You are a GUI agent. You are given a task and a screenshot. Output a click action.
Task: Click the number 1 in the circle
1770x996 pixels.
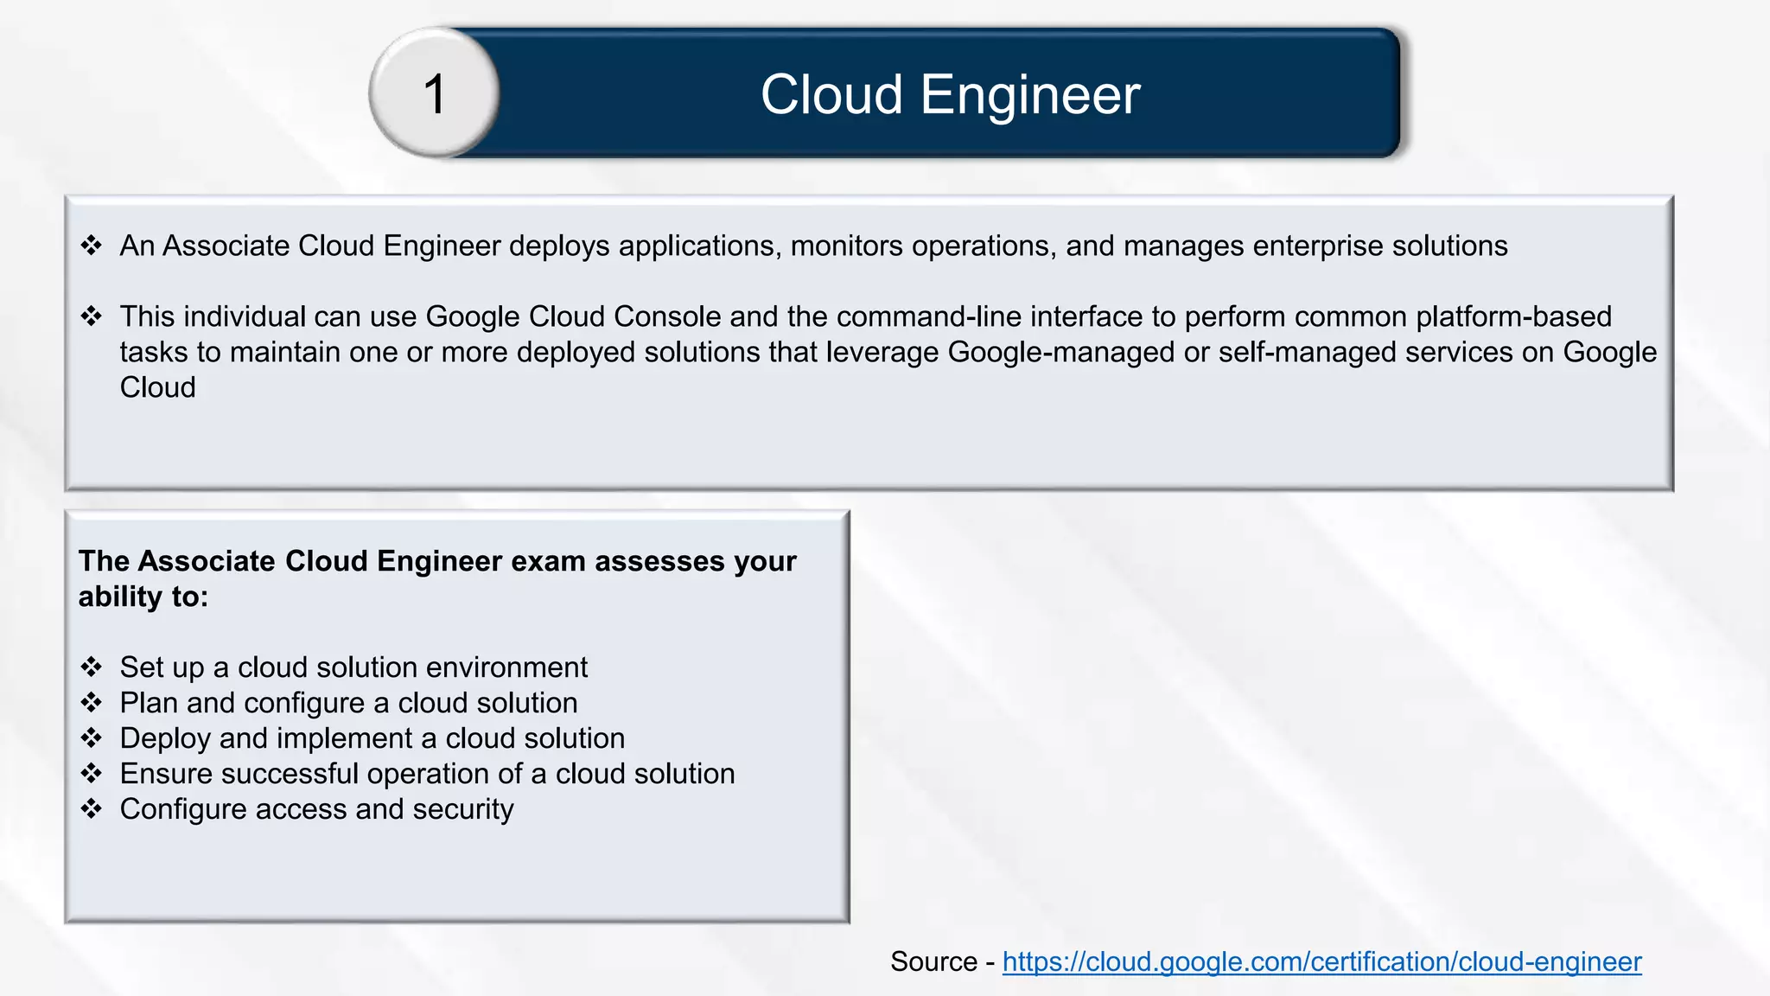coord(435,93)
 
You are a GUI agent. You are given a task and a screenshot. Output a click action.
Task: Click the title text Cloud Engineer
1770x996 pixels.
coord(950,94)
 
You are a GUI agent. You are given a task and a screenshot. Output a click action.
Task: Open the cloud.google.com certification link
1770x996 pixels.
coord(1321,961)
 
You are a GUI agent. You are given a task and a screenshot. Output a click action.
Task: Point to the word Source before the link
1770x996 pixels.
coord(933,961)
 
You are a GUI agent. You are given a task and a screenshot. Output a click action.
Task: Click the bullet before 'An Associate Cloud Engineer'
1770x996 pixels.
coord(92,246)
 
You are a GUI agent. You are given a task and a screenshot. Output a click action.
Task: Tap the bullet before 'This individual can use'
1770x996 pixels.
coord(92,316)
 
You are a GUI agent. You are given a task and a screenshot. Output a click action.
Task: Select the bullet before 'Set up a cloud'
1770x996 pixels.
coord(92,667)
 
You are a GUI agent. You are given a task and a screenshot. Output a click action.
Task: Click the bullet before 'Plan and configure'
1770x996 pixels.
coord(92,703)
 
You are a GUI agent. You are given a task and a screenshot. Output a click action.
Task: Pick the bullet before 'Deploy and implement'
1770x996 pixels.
coord(92,738)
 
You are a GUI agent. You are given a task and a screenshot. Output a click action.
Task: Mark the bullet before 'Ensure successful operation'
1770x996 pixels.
coord(92,774)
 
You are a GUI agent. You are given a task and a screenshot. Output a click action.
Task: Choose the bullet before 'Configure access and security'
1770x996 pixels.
coord(92,809)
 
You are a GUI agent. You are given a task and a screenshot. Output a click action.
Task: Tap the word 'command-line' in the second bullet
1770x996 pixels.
coord(929,316)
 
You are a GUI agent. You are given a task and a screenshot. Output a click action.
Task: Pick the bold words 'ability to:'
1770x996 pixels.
coord(143,597)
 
